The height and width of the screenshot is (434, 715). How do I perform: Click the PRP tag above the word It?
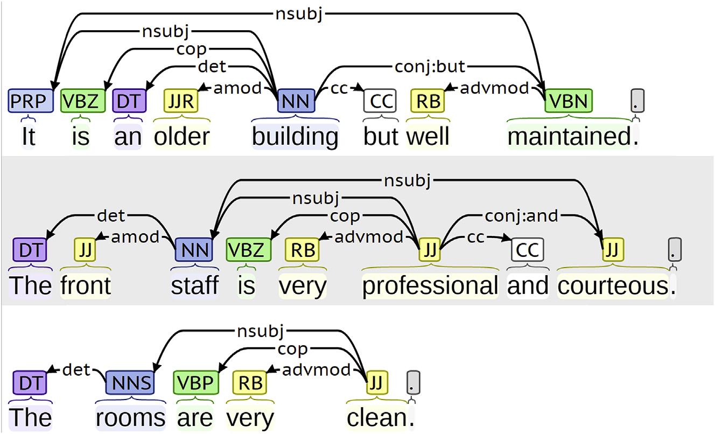[31, 101]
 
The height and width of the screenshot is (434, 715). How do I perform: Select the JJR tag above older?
[181, 101]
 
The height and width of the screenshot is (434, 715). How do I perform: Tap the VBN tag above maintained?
[569, 101]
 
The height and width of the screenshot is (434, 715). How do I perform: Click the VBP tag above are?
[195, 383]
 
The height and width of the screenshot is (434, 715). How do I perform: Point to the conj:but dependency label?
[429, 67]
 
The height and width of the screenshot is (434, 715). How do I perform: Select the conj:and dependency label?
[521, 216]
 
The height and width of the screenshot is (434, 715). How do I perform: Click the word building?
[295, 137]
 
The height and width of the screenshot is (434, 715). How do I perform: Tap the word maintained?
[569, 137]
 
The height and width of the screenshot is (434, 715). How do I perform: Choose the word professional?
[430, 286]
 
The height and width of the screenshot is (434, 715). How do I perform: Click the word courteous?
[613, 286]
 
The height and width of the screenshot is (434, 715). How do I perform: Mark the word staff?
[194, 286]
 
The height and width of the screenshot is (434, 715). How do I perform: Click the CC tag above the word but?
[380, 101]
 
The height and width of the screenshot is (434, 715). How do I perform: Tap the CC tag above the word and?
[528, 250]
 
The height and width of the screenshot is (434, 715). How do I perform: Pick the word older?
[181, 137]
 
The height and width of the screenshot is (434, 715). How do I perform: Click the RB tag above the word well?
[428, 101]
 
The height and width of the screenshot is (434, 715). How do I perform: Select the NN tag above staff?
[194, 250]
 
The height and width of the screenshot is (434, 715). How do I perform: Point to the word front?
[86, 286]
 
